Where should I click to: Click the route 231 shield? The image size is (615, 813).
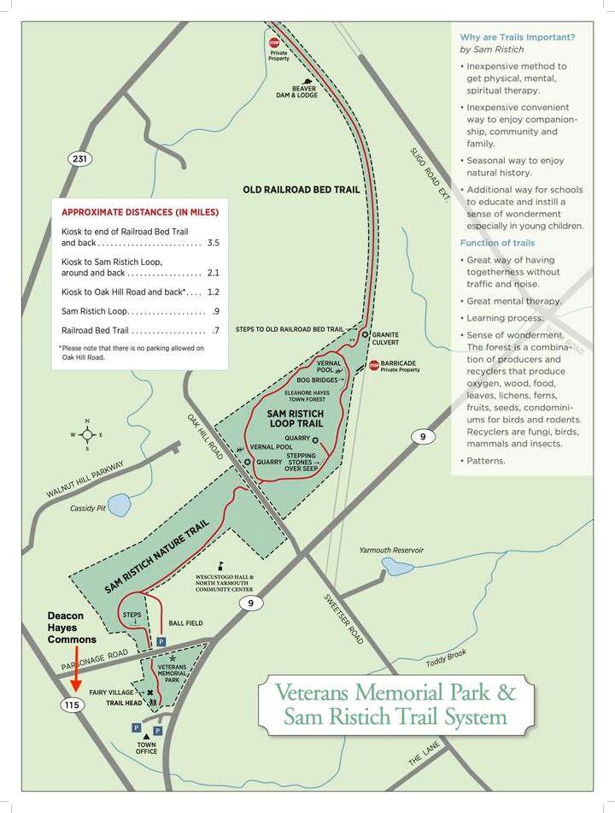tap(80, 158)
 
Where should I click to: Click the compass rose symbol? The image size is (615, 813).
tap(86, 434)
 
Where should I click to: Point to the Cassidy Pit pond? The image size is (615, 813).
tap(119, 505)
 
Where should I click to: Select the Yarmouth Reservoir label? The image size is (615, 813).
tap(390, 550)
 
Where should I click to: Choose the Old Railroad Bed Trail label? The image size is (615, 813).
tap(301, 190)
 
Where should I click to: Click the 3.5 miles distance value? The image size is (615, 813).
tap(213, 243)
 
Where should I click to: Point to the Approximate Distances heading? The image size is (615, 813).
tap(140, 212)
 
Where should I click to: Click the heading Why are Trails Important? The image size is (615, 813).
tap(518, 37)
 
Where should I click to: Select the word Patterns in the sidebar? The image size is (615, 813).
tap(487, 461)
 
